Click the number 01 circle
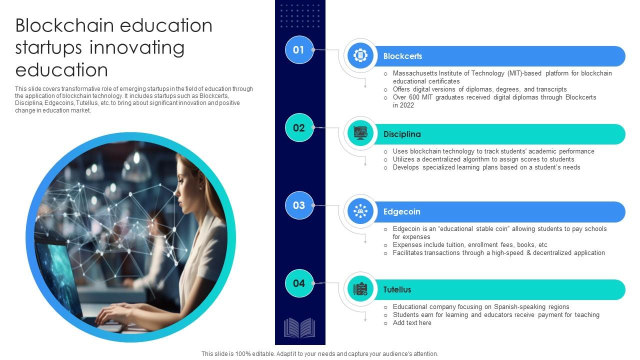pos(299,50)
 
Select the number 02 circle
pos(299,127)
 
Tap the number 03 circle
pos(299,205)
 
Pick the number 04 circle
pos(299,283)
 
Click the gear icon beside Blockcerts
pos(360,55)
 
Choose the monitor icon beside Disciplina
pos(360,133)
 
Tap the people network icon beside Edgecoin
pos(360,211)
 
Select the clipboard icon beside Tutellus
pos(360,289)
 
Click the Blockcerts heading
pos(402,56)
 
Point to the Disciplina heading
pos(402,134)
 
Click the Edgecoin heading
pos(401,212)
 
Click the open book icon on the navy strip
pos(299,328)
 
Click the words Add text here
pos(412,323)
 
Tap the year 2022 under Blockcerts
pos(406,105)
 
